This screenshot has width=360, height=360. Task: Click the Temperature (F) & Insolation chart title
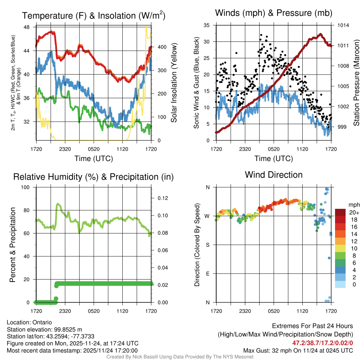[94, 16]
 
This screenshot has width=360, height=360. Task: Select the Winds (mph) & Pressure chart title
[274, 13]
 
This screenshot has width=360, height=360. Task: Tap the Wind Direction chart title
[274, 175]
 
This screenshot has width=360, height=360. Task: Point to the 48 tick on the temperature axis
[26, 27]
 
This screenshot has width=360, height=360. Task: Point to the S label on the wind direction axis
[207, 245]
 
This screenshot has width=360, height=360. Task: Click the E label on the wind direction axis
[207, 274]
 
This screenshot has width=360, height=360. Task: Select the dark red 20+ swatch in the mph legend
[340, 212]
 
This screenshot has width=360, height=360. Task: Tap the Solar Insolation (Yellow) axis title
[174, 83]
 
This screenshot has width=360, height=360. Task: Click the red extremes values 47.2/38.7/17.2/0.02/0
[322, 342]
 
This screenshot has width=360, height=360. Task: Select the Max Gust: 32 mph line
[298, 351]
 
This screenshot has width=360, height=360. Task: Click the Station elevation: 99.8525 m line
[44, 329]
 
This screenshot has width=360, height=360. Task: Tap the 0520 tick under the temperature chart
[94, 149]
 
